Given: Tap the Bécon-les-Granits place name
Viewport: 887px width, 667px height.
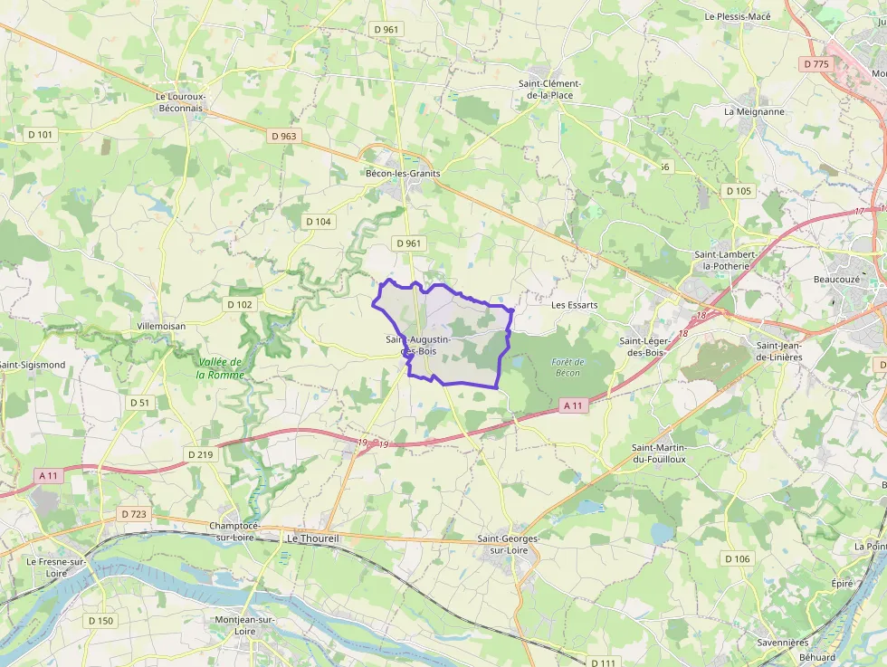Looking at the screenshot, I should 402,173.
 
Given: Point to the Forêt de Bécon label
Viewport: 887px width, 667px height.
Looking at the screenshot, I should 567,367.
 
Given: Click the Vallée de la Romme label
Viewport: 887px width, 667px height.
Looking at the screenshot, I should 221,368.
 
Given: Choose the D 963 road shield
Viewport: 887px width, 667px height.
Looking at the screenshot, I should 283,137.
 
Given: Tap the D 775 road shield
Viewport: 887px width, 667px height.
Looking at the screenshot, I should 815,63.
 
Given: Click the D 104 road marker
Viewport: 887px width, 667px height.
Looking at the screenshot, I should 319,222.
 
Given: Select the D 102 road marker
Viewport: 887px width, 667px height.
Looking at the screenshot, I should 239,304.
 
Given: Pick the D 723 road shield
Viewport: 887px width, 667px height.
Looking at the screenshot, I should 133,514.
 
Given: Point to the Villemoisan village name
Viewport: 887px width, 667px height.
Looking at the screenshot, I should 160,326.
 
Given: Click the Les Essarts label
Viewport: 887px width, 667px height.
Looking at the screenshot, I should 575,305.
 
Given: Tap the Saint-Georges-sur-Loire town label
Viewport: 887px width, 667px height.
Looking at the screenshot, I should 508,545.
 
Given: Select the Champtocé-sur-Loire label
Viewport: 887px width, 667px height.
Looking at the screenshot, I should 234,531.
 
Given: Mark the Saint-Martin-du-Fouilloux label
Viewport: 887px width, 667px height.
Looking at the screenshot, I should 659,453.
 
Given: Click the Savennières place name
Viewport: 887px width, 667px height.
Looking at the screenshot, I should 783,643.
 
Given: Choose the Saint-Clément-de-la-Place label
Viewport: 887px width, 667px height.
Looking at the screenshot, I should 549,89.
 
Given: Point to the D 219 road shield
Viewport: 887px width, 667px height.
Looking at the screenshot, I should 201,454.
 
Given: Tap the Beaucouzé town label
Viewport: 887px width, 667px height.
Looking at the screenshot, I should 837,280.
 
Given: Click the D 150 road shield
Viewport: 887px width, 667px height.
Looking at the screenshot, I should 100,621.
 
